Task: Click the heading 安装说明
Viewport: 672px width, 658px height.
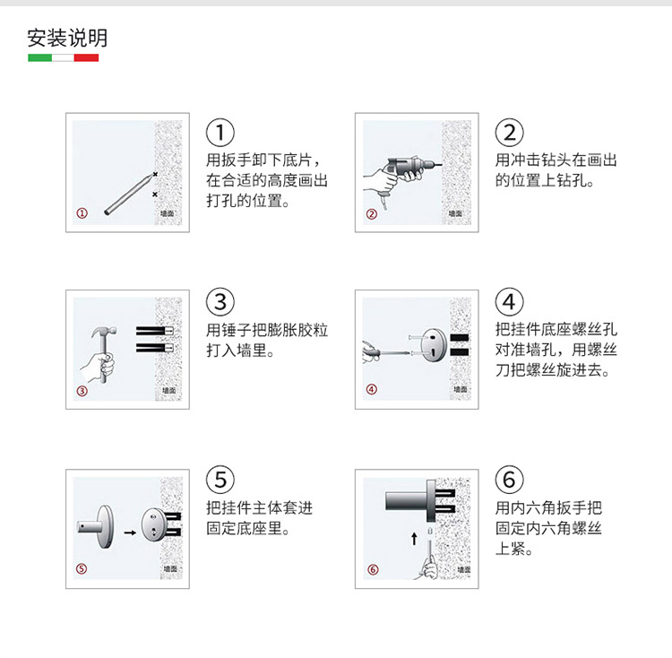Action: [x=67, y=38]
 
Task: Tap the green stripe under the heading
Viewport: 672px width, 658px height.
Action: [x=39, y=57]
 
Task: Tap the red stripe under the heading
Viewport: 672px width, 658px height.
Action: [x=86, y=57]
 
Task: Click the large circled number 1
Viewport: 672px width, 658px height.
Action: [x=220, y=133]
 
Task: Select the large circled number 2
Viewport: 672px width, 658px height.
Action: [x=510, y=133]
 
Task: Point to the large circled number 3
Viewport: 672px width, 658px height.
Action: [x=220, y=302]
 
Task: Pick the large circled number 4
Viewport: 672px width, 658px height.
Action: [x=510, y=302]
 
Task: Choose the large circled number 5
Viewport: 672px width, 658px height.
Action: [x=220, y=480]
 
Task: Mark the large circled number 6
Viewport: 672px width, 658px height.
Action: [x=510, y=480]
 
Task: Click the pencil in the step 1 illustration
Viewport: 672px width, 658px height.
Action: [x=129, y=195]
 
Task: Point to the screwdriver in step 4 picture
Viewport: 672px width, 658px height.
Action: [x=386, y=353]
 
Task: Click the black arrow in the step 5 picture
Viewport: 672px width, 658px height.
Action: [x=130, y=532]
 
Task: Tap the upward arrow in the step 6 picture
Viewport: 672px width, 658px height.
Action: [x=414, y=539]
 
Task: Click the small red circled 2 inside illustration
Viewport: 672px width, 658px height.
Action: [x=372, y=214]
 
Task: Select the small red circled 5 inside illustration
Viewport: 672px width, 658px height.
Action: [x=82, y=569]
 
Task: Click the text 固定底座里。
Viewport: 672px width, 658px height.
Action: [x=248, y=528]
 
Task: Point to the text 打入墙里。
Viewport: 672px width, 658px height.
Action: [x=240, y=351]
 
